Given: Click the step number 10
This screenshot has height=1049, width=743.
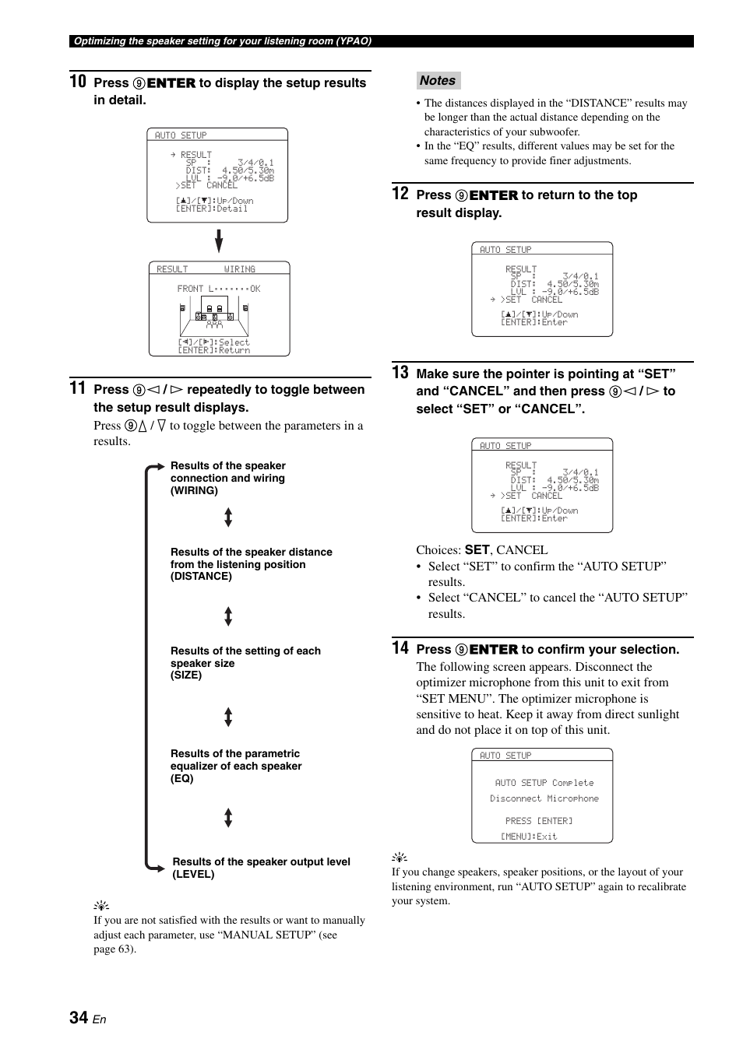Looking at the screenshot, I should point(78,81).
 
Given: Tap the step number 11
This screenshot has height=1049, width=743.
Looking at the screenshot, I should point(77,388).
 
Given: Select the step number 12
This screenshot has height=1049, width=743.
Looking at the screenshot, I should point(400,193).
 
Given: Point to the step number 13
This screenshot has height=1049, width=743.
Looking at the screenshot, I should point(400,372).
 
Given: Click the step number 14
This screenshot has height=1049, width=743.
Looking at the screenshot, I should point(400,647).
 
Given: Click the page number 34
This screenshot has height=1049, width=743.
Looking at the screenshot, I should point(79,1018).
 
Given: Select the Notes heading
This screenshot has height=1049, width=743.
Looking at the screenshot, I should point(438,80).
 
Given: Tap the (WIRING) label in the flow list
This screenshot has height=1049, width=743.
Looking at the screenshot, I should point(194,491).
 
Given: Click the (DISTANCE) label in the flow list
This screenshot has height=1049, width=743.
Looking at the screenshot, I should point(201,577).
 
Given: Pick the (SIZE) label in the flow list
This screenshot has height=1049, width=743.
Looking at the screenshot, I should point(186,675).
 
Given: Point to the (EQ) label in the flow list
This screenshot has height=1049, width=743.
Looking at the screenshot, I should point(182,779).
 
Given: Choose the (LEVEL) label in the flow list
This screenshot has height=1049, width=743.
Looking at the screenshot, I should point(193,875).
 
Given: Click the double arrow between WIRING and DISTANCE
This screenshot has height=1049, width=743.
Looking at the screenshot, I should point(228,517).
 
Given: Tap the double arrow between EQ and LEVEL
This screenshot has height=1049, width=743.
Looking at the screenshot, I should point(228,817).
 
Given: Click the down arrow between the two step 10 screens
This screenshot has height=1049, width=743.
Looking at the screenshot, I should point(219,241).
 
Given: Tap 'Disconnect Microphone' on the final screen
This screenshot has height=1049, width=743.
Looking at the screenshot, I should point(544,798).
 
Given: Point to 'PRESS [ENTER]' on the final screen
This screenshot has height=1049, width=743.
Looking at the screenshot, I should point(539,821).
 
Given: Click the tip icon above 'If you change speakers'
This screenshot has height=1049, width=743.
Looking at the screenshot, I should point(399,858).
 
